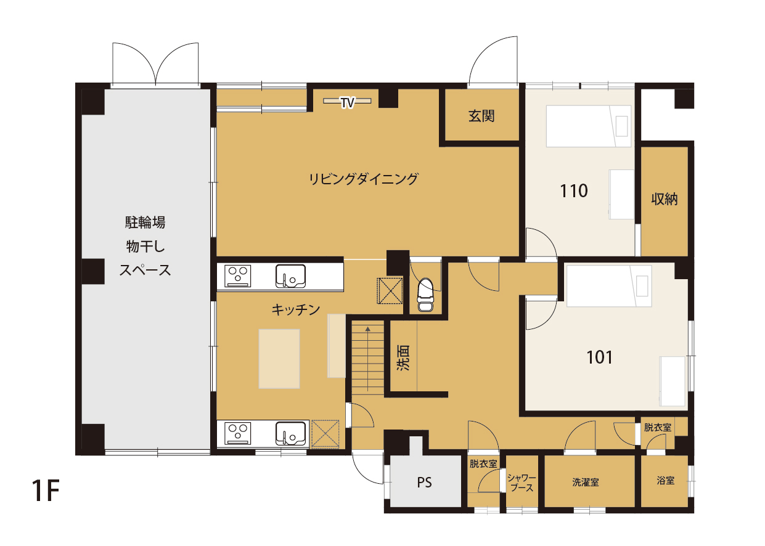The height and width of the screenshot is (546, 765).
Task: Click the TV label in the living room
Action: (x=347, y=102)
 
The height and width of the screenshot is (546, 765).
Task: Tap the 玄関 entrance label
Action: (x=481, y=116)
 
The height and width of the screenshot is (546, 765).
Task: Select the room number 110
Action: (x=574, y=191)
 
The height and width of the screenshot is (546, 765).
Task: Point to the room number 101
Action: (x=599, y=357)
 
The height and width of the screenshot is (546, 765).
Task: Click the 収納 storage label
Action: (x=665, y=199)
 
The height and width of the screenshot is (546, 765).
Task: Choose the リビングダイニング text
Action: (x=363, y=179)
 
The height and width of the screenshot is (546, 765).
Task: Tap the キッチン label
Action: (x=296, y=310)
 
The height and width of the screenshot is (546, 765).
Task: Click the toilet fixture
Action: (x=425, y=295)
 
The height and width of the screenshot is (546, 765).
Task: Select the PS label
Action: (x=424, y=483)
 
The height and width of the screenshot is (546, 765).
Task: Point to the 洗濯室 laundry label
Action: (x=586, y=482)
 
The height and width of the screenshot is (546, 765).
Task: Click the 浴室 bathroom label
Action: (x=665, y=481)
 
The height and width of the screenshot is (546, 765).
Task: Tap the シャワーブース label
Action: (x=522, y=483)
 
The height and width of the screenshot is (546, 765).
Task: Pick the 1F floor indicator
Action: (x=46, y=491)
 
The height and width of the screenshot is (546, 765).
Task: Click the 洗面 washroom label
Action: (x=403, y=357)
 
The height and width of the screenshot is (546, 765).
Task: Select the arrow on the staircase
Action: (x=368, y=359)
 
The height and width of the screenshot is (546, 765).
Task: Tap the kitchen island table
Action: (x=279, y=359)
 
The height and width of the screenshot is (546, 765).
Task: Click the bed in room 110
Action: (x=589, y=126)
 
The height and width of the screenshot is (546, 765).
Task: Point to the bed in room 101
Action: (x=609, y=286)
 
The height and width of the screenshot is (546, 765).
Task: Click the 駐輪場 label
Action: (x=145, y=222)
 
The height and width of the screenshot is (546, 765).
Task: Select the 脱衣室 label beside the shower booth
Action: (x=483, y=463)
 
